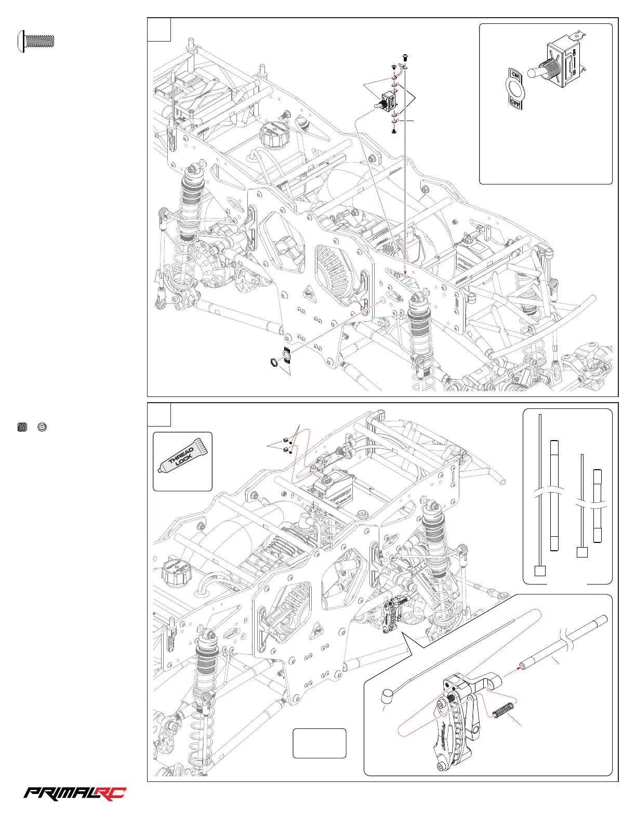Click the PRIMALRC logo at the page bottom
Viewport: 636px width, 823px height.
pos(75,793)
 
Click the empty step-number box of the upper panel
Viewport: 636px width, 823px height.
pos(159,29)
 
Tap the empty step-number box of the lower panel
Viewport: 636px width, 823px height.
pos(159,414)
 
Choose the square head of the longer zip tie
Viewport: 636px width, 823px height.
pos(540,570)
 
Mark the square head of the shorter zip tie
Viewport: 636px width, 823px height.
pos(582,552)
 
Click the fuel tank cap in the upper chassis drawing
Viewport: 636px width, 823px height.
pos(273,136)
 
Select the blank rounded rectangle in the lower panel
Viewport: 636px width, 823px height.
pos(320,743)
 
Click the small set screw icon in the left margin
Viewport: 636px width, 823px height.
pos(22,427)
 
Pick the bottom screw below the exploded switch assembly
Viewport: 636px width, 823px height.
pos(394,132)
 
